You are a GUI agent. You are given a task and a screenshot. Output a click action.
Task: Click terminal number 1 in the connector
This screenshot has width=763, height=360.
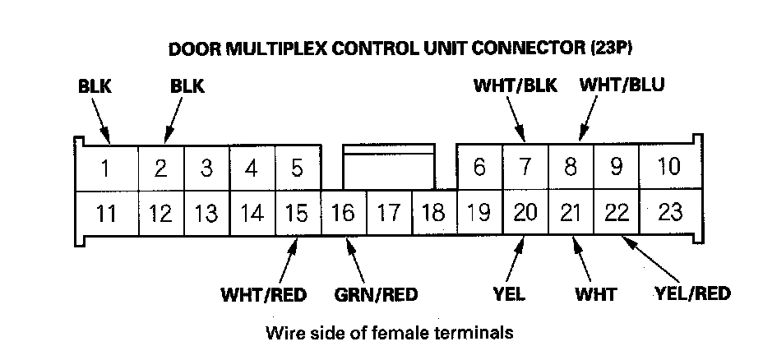(x=106, y=169)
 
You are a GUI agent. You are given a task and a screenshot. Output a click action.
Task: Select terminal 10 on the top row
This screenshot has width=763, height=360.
(x=669, y=167)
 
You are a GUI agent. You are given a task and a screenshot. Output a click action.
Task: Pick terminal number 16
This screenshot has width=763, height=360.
(x=342, y=214)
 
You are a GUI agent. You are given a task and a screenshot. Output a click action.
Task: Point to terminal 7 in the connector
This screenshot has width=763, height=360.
(x=525, y=168)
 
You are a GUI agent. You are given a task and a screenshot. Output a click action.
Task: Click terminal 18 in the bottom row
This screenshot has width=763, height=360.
(x=432, y=214)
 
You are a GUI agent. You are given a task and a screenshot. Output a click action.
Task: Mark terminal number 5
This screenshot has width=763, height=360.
(x=297, y=168)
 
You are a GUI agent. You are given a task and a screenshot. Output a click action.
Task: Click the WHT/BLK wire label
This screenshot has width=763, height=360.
(x=516, y=85)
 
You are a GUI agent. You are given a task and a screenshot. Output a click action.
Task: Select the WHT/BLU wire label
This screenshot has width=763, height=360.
(x=622, y=85)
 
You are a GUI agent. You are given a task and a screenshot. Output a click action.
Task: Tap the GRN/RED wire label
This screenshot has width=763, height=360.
(x=377, y=294)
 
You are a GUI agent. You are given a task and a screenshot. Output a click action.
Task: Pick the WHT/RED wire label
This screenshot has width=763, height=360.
(x=263, y=294)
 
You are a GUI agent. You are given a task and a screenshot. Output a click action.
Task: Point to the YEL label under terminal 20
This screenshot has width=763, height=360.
(x=510, y=293)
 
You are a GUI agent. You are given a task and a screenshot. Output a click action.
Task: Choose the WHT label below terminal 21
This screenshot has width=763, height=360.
(x=597, y=293)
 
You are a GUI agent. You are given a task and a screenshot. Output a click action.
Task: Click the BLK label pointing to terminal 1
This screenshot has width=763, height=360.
(x=95, y=85)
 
